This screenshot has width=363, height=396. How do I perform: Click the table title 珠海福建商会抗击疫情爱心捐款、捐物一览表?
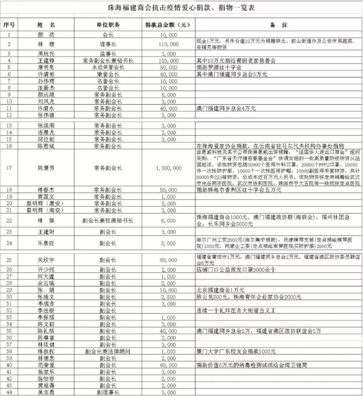click(x=181, y=8)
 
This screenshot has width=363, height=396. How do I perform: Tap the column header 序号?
click(x=9, y=25)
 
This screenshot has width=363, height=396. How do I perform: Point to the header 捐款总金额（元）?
click(x=167, y=25)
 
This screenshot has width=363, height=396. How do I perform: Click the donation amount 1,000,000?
click(x=168, y=168)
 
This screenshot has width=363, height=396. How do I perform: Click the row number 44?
click(x=9, y=391)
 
